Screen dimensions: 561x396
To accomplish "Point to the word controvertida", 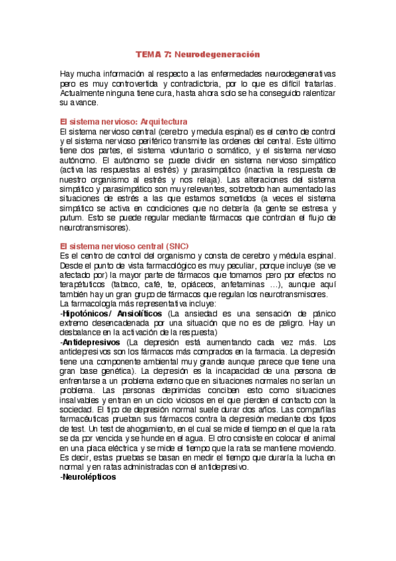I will point(132,85).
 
